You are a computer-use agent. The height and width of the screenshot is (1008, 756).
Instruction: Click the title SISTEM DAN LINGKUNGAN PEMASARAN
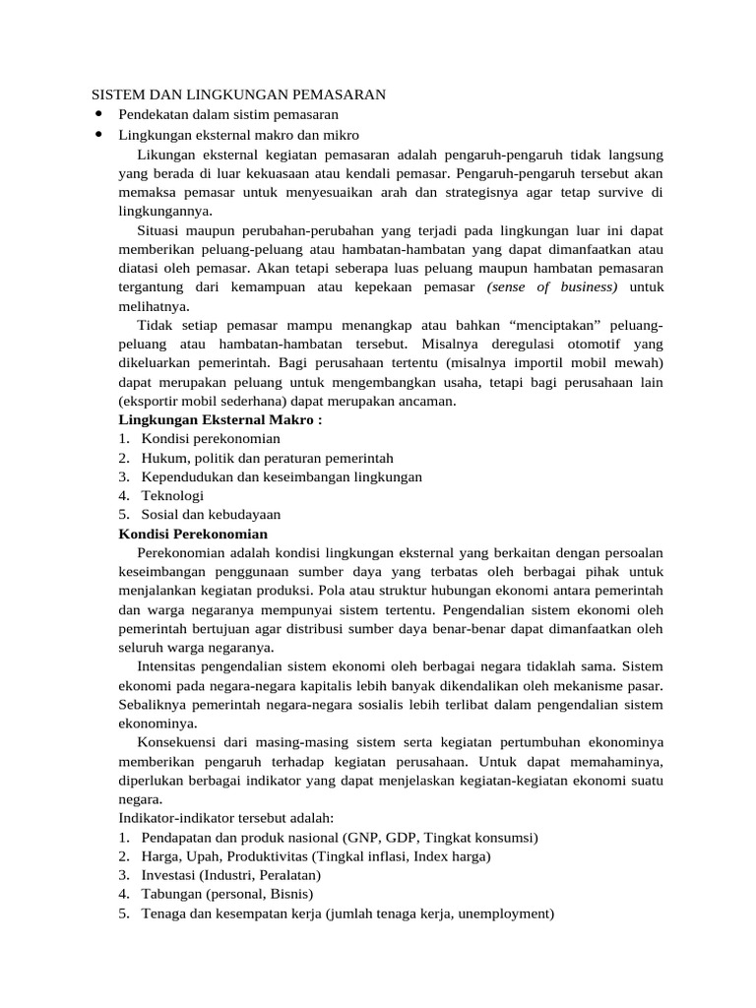point(238,94)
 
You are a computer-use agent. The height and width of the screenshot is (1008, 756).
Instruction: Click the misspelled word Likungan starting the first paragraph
point(168,155)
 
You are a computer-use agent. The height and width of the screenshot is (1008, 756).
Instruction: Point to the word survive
point(617,192)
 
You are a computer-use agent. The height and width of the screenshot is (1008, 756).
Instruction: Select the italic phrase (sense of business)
point(552,286)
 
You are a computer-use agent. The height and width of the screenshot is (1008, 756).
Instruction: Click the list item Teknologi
point(172,495)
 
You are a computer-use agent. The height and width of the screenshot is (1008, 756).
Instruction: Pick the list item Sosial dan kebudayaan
point(211,514)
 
